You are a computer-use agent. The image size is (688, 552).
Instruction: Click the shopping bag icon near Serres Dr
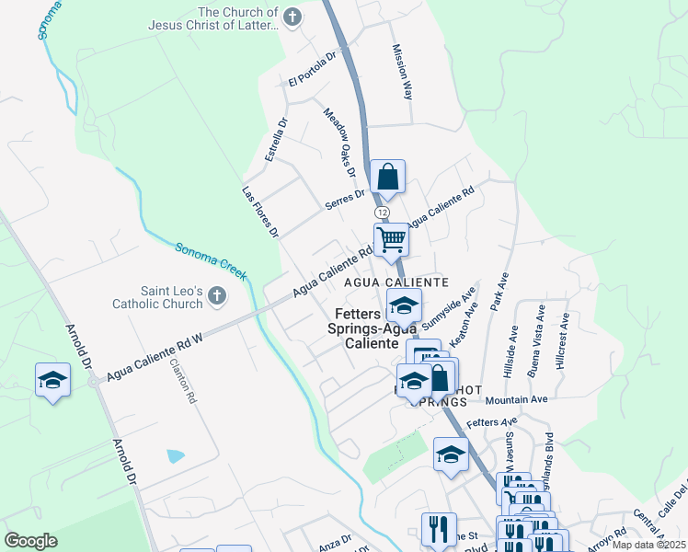coord(388,177)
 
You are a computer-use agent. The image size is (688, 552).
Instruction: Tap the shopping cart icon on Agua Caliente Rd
coord(392,240)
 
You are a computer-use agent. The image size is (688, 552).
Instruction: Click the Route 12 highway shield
coord(382,212)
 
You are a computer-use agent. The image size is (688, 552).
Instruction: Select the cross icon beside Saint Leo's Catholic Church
coord(216,294)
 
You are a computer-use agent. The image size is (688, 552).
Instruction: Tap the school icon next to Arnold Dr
coord(53,380)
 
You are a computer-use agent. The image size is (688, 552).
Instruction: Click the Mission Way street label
coord(403,71)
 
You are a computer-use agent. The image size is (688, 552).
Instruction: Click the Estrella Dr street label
coord(276,140)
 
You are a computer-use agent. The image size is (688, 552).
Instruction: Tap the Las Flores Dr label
coord(260,213)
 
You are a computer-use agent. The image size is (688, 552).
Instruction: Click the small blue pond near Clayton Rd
coord(176,456)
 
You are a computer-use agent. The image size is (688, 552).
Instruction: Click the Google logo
coord(30,541)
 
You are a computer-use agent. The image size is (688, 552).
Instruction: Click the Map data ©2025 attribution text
coord(649,545)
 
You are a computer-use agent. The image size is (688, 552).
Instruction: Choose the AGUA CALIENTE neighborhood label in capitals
coord(396,282)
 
